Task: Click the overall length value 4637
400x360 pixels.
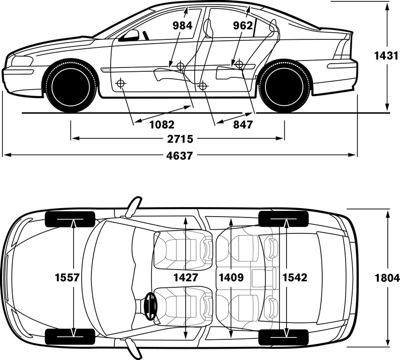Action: tap(179, 156)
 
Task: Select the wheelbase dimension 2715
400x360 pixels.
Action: tap(180, 139)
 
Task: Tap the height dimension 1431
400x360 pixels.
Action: tap(386, 56)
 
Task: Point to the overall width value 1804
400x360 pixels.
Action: tap(387, 277)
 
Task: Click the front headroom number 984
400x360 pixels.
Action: tap(182, 26)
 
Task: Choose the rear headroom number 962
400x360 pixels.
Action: tap(243, 26)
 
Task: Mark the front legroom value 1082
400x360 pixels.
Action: tap(162, 125)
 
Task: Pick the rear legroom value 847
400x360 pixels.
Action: tap(243, 125)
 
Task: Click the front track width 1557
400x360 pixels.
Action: tap(68, 277)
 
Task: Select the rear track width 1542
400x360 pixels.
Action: tap(295, 277)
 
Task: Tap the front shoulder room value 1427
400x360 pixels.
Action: tap(186, 277)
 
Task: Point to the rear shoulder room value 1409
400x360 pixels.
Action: tap(231, 277)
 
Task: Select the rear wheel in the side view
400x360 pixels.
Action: tap(285, 86)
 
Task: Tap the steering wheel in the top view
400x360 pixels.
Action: tap(150, 306)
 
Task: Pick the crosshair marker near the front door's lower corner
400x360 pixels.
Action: tap(121, 83)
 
